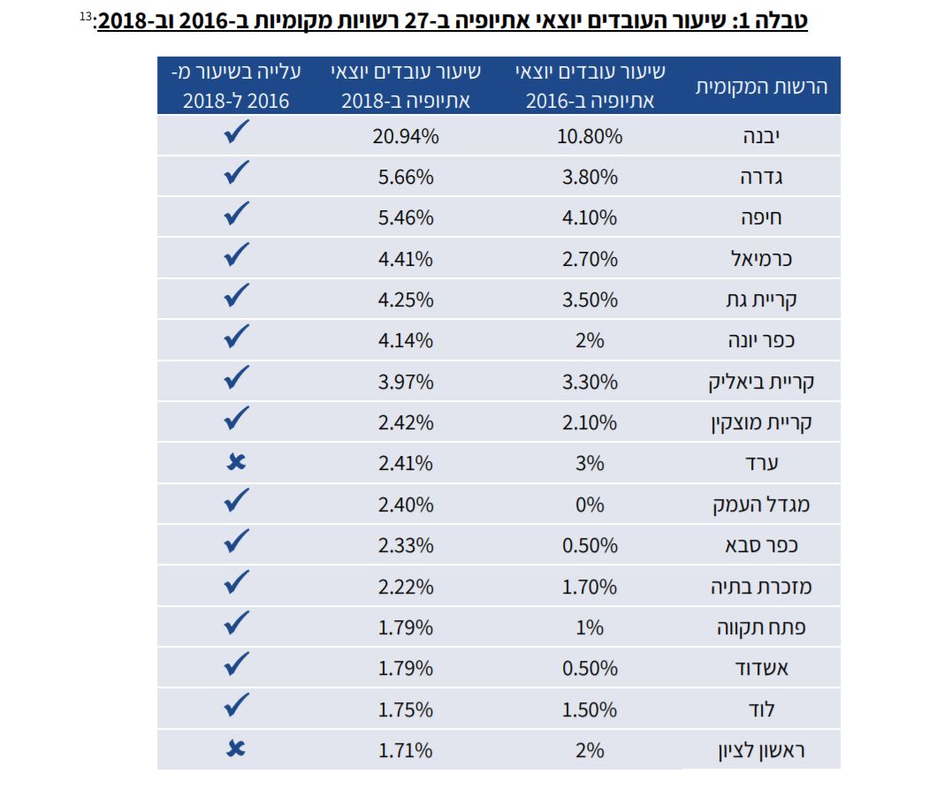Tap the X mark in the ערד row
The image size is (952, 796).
tap(236, 462)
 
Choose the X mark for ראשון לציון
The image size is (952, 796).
tap(236, 749)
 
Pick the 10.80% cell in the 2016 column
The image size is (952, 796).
tap(590, 137)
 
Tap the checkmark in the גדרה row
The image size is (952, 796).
tap(236, 174)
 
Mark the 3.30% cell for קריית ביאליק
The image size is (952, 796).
tap(590, 383)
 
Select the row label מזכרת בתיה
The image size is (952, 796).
tap(759, 587)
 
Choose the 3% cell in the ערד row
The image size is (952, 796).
tap(590, 464)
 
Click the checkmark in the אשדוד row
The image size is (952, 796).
tap(236, 665)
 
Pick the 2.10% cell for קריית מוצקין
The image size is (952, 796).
tap(590, 423)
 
